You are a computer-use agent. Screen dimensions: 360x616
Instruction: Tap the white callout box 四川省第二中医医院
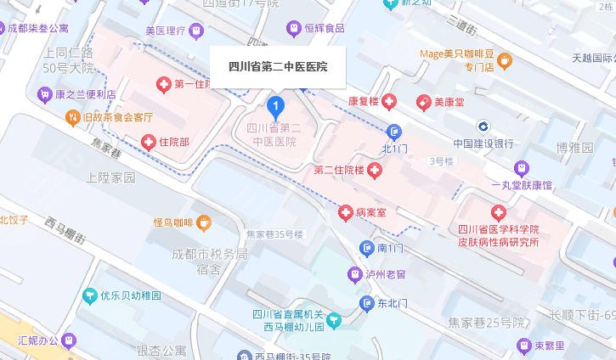point(279,66)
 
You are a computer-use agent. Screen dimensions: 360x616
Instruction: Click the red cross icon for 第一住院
point(163,84)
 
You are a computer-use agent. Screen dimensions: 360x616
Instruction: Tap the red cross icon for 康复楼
point(389,102)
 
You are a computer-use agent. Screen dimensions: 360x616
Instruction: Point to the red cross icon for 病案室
point(346,211)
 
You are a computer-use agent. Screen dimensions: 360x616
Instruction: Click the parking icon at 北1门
point(393,132)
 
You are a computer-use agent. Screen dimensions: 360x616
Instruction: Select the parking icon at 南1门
point(366,248)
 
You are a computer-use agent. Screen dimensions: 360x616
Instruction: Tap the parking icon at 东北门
point(366,302)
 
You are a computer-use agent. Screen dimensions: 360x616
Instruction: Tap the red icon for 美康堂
point(422,102)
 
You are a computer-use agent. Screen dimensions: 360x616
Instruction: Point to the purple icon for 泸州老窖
point(355,274)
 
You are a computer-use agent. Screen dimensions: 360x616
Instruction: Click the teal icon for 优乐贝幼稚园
point(89,296)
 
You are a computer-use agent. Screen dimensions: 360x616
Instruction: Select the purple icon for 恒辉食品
point(293,28)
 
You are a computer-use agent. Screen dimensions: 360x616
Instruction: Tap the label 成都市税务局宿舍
point(209,262)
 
